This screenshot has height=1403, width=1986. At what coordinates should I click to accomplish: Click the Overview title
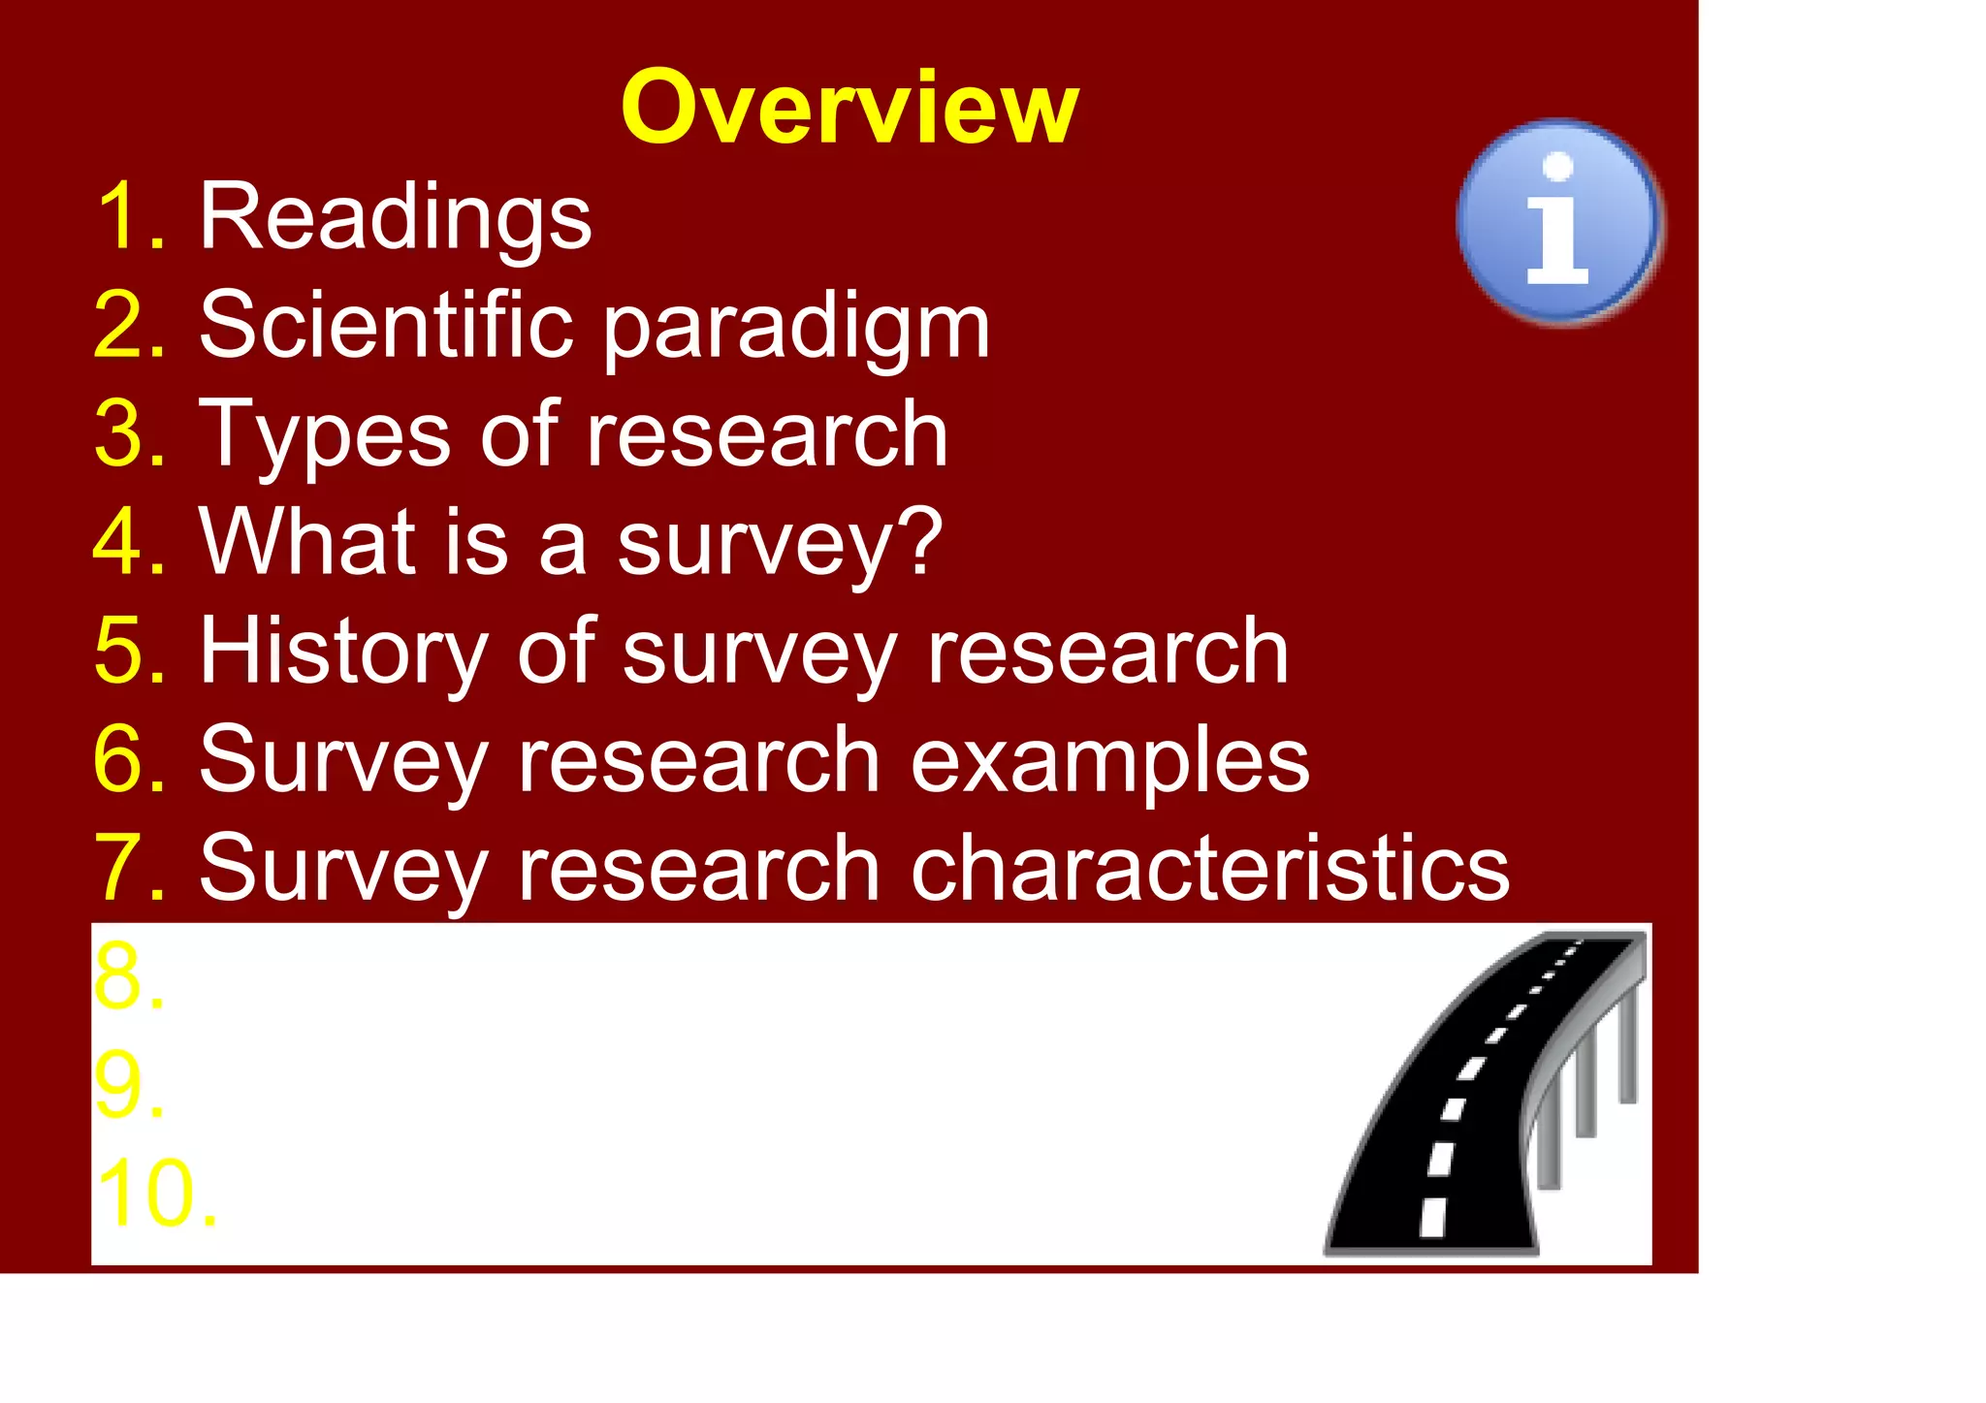pyautogui.click(x=849, y=108)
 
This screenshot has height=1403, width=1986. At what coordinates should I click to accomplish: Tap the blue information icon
pyautogui.click(x=1558, y=222)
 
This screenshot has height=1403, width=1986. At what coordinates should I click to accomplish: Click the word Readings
pyautogui.click(x=395, y=218)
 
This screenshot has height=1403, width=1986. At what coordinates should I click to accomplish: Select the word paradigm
pyautogui.click(x=796, y=328)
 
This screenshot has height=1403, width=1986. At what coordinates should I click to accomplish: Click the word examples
pyautogui.click(x=1109, y=760)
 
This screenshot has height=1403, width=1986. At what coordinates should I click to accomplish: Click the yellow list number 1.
pyautogui.click(x=129, y=218)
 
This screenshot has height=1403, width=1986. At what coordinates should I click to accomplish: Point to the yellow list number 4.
pyautogui.click(x=129, y=543)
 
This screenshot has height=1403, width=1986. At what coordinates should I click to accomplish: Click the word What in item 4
pyautogui.click(x=305, y=543)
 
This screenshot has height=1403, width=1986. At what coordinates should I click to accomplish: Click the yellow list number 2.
pyautogui.click(x=129, y=327)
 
